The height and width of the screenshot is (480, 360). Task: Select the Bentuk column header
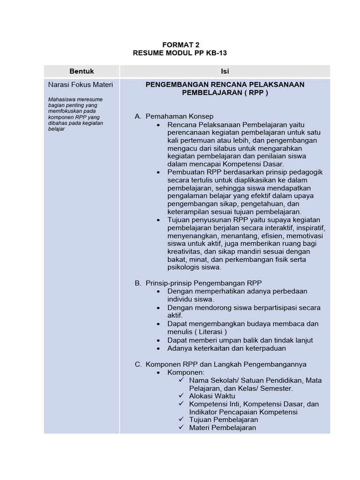coord(82,71)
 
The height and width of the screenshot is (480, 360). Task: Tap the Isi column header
coord(225,71)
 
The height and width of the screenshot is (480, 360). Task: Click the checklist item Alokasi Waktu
coord(212,396)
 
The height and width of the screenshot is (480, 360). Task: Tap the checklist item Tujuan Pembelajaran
coord(224,420)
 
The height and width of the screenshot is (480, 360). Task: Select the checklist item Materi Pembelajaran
coord(223,427)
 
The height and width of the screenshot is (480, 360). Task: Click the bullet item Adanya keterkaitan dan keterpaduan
coord(226,348)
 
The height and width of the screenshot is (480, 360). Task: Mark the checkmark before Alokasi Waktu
coord(181,396)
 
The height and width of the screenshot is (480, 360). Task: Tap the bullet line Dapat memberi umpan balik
coord(240,340)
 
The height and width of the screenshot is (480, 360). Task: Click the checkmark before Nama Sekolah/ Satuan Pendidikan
coord(181,380)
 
